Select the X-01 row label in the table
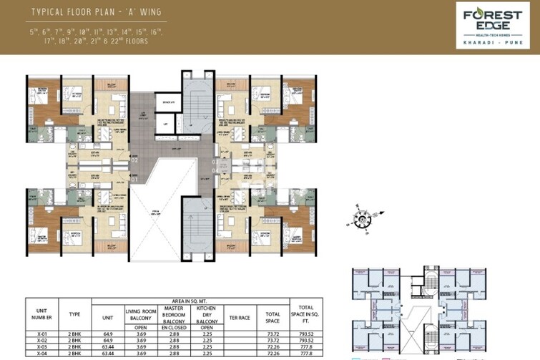click(x=41, y=333)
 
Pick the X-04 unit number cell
click(x=41, y=354)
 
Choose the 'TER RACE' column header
click(x=237, y=313)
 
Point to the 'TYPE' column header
click(x=75, y=313)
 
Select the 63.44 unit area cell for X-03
click(x=107, y=347)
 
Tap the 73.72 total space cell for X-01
click(x=273, y=333)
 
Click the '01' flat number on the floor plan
click(x=134, y=180)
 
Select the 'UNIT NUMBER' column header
click(x=41, y=313)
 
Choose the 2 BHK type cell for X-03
click(x=75, y=347)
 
